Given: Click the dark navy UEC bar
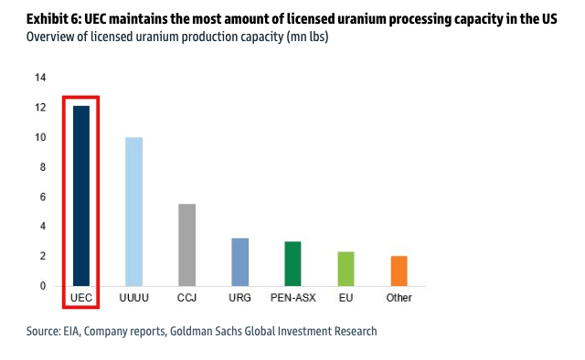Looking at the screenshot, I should (81, 196).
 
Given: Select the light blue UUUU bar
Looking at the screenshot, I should (133, 211).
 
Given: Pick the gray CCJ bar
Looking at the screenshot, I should (186, 244).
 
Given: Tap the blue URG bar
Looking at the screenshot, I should (239, 261).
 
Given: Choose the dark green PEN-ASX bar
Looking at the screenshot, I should (292, 263).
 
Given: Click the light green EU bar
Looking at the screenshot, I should (346, 269).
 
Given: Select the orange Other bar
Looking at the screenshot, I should (399, 270).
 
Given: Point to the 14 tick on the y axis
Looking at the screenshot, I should (40, 78).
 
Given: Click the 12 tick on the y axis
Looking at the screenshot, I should (40, 108).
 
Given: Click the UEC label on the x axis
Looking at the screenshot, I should (81, 298).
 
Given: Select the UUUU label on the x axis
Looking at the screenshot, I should (133, 298).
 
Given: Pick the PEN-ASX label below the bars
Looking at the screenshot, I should (292, 298).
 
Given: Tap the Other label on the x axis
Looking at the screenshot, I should (399, 298).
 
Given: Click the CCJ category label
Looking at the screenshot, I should (186, 298).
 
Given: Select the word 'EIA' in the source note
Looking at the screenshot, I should (78, 331).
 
